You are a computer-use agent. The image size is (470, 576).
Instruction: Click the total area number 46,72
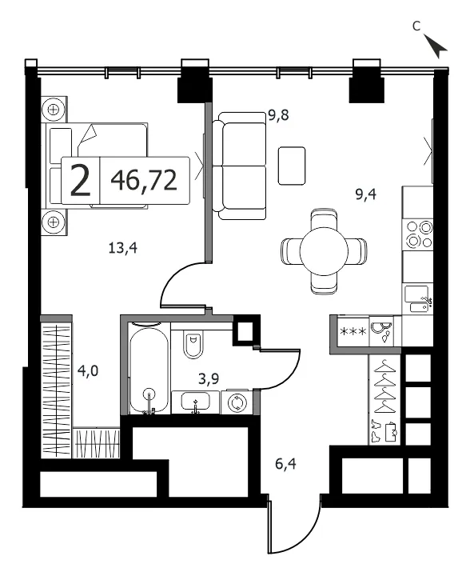pyautogui.click(x=144, y=181)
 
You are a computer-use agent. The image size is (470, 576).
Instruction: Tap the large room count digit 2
pyautogui.click(x=81, y=180)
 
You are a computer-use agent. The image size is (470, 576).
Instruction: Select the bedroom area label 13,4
pyautogui.click(x=123, y=248)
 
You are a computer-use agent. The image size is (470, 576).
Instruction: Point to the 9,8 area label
pyautogui.click(x=278, y=115)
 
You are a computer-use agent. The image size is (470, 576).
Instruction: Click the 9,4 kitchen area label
pyautogui.click(x=366, y=194)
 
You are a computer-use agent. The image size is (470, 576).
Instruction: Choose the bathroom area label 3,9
pyautogui.click(x=209, y=378)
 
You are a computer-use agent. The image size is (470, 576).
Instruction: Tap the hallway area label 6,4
pyautogui.click(x=286, y=464)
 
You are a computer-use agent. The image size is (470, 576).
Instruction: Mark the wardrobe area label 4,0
pyautogui.click(x=88, y=370)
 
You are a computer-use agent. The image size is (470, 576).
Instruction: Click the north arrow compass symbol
pyautogui.click(x=436, y=46)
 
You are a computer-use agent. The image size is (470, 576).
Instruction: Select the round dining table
pyautogui.click(x=324, y=251)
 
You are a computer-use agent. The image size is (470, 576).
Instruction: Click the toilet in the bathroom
pyautogui.click(x=193, y=345)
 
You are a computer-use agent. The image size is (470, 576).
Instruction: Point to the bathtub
pyautogui.click(x=149, y=369)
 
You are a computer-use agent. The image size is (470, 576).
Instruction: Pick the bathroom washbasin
pyautogui.click(x=196, y=402)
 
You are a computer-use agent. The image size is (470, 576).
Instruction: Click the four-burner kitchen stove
pyautogui.click(x=417, y=234)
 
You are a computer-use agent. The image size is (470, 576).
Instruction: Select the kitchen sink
pyautogui.click(x=417, y=299)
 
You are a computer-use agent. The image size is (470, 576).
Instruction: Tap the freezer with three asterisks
pyautogui.click(x=353, y=331)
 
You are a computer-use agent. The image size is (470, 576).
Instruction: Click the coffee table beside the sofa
pyautogui.click(x=292, y=166)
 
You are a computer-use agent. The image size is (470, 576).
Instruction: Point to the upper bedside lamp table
pyautogui.click(x=54, y=110)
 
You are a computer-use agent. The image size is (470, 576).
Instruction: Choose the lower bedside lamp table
pyautogui.click(x=54, y=222)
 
